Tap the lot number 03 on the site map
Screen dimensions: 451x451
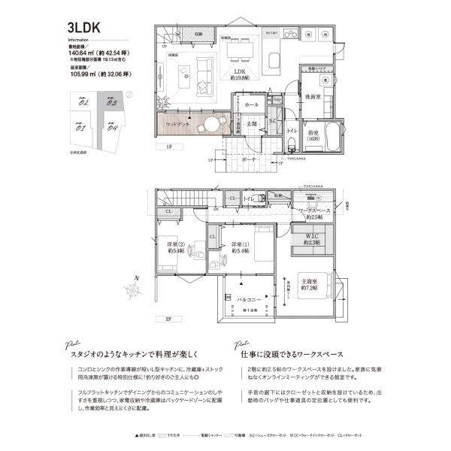[110, 102]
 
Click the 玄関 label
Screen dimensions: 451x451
[252, 123]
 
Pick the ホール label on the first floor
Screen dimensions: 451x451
[252, 104]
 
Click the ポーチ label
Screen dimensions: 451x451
[250, 159]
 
